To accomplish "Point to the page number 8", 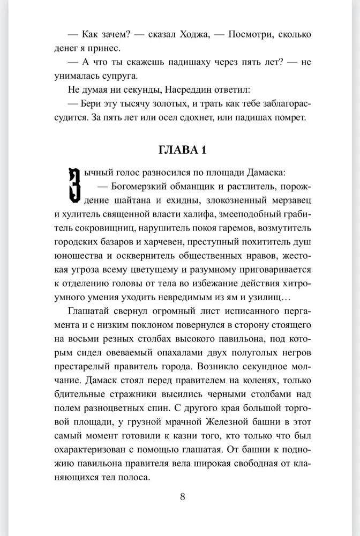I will pos(182,496).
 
